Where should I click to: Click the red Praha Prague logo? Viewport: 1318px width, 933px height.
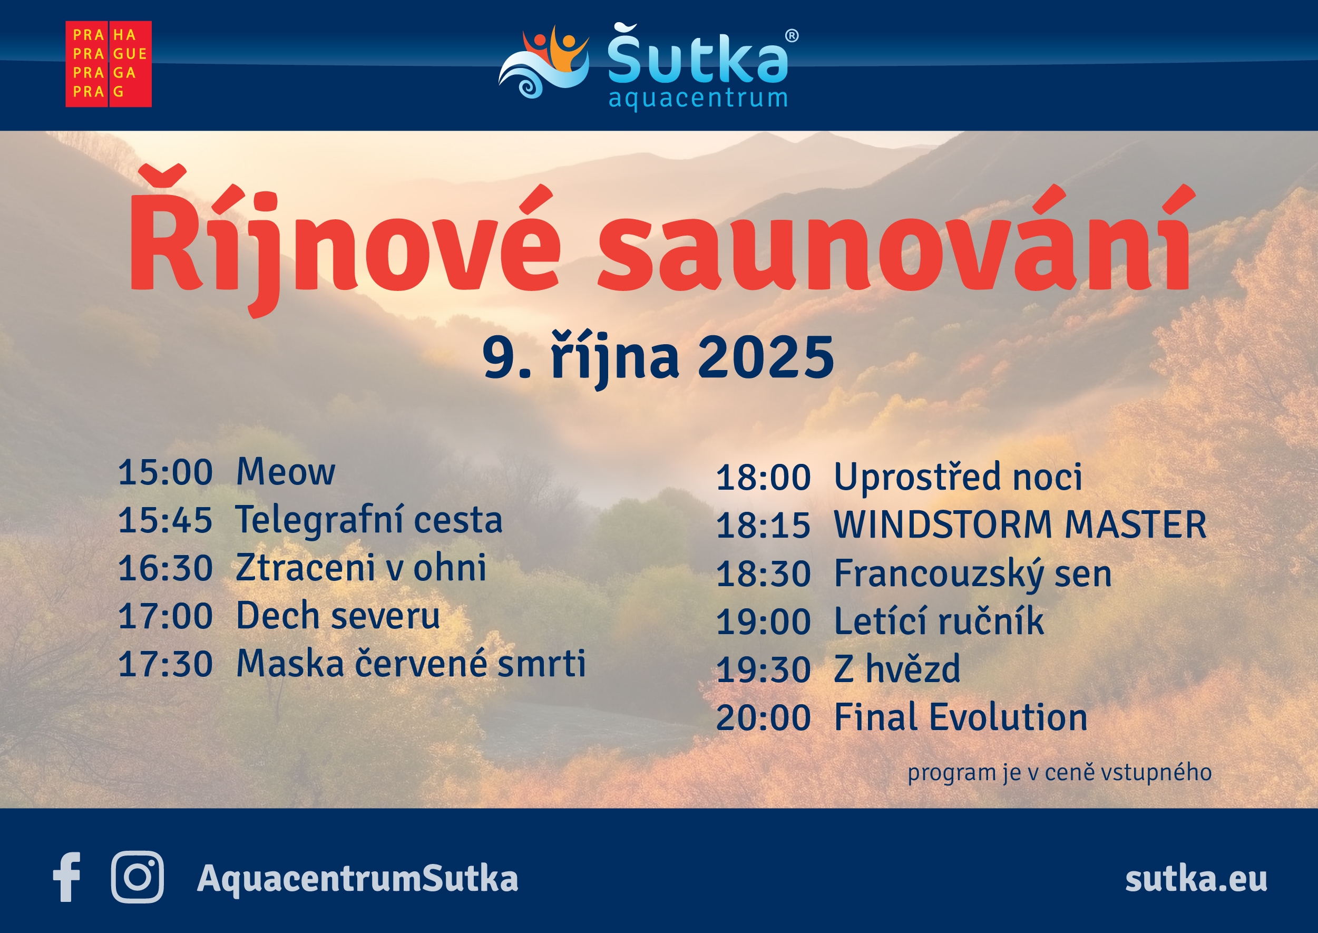click(109, 64)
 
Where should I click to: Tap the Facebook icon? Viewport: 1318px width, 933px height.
click(66, 877)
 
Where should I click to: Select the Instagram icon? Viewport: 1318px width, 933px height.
click(137, 877)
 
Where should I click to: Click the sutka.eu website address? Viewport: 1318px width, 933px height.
click(1196, 878)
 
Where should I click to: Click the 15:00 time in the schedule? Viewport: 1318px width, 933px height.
click(165, 472)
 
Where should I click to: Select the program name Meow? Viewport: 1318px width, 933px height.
click(286, 472)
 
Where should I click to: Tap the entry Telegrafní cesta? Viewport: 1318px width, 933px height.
click(369, 520)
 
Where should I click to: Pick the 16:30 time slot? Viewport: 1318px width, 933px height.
click(165, 568)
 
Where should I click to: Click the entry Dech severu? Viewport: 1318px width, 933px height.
click(338, 616)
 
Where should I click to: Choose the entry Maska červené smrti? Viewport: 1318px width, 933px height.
click(411, 664)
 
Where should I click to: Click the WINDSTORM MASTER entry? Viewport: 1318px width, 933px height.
click(1020, 524)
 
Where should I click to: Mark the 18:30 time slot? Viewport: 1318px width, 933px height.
click(763, 574)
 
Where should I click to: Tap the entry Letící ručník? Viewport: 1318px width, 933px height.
click(939, 621)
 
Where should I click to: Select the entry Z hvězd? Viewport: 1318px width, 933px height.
click(896, 669)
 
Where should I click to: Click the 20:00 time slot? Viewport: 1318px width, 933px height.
click(763, 717)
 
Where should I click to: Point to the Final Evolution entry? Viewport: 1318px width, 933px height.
click(960, 717)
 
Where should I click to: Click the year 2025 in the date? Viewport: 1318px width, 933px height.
click(766, 358)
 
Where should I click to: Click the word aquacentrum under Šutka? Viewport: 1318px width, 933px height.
click(698, 98)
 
